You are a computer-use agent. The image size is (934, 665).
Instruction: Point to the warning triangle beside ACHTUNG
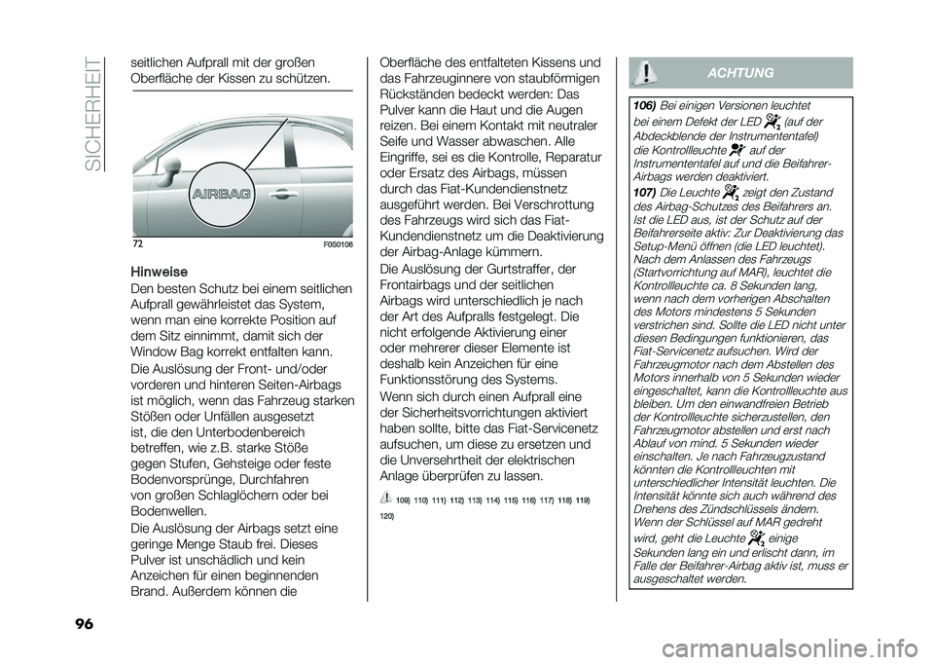coord(647,72)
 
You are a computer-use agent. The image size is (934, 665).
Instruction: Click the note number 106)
coord(642,104)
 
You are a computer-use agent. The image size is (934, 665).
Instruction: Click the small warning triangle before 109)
coord(381,498)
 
